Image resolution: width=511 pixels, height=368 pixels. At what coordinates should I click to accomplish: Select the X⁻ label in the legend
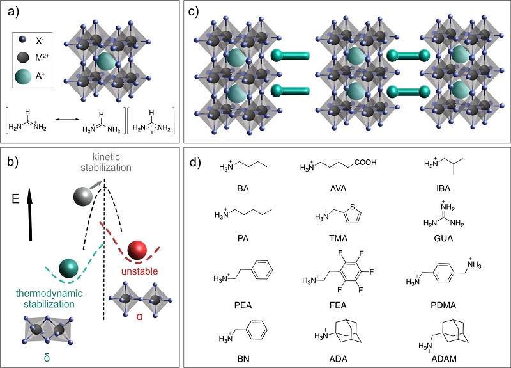point(40,41)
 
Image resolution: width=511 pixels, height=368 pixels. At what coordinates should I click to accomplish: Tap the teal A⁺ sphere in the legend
point(23,76)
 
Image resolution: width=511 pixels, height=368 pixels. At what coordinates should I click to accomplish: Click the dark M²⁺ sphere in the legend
point(24,58)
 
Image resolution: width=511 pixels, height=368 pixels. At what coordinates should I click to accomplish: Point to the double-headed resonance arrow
point(67,120)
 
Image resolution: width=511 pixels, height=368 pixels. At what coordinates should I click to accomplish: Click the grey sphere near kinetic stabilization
point(83,196)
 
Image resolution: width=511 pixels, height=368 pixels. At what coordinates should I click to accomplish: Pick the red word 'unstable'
point(139,271)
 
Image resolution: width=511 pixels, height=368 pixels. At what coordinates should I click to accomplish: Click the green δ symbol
point(47,358)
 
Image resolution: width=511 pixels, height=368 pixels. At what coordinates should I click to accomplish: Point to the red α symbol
point(139,316)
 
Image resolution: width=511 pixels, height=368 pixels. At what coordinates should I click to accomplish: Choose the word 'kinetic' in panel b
point(106,157)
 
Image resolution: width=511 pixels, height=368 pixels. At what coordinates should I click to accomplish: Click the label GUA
point(443,238)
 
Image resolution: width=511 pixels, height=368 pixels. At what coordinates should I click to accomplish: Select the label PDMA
point(443,305)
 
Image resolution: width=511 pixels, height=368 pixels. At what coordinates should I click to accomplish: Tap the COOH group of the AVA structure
point(365,162)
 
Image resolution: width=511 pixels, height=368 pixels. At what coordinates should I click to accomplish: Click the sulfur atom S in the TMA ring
point(352,207)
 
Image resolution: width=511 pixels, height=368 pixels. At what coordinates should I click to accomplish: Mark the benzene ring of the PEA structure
point(263,270)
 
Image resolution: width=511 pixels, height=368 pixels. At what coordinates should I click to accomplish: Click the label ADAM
point(444,359)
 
